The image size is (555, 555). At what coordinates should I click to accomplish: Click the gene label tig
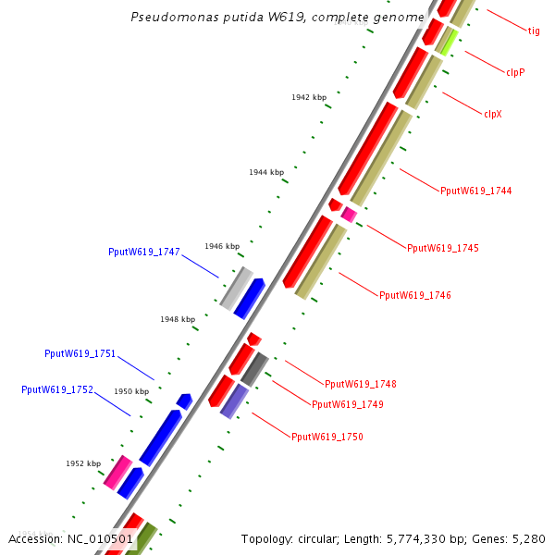(x=534, y=31)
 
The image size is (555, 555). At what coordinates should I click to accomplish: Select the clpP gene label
(x=515, y=71)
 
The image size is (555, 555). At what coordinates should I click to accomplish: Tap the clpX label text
(x=493, y=114)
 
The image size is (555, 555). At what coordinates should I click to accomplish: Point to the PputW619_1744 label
(x=475, y=191)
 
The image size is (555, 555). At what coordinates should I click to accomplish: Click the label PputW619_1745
(x=443, y=248)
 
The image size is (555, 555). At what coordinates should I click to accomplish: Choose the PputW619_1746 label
(x=415, y=295)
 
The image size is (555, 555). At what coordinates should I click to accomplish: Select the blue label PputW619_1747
(x=143, y=252)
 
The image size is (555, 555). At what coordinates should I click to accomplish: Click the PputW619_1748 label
(x=361, y=384)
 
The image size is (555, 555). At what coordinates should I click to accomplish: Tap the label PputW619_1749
(x=348, y=404)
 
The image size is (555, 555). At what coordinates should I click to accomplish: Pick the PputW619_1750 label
(x=327, y=437)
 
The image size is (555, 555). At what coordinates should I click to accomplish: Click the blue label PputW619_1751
(x=80, y=353)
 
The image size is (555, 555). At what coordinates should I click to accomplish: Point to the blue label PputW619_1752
(x=57, y=390)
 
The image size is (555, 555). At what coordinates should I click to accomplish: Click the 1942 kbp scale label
(x=309, y=97)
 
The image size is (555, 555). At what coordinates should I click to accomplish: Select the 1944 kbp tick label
(x=266, y=172)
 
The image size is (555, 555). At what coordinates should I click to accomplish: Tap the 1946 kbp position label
(x=222, y=246)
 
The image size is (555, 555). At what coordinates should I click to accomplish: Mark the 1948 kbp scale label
(x=178, y=319)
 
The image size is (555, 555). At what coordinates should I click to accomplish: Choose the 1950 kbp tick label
(x=131, y=392)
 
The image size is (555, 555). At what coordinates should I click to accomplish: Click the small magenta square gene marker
(x=349, y=215)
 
